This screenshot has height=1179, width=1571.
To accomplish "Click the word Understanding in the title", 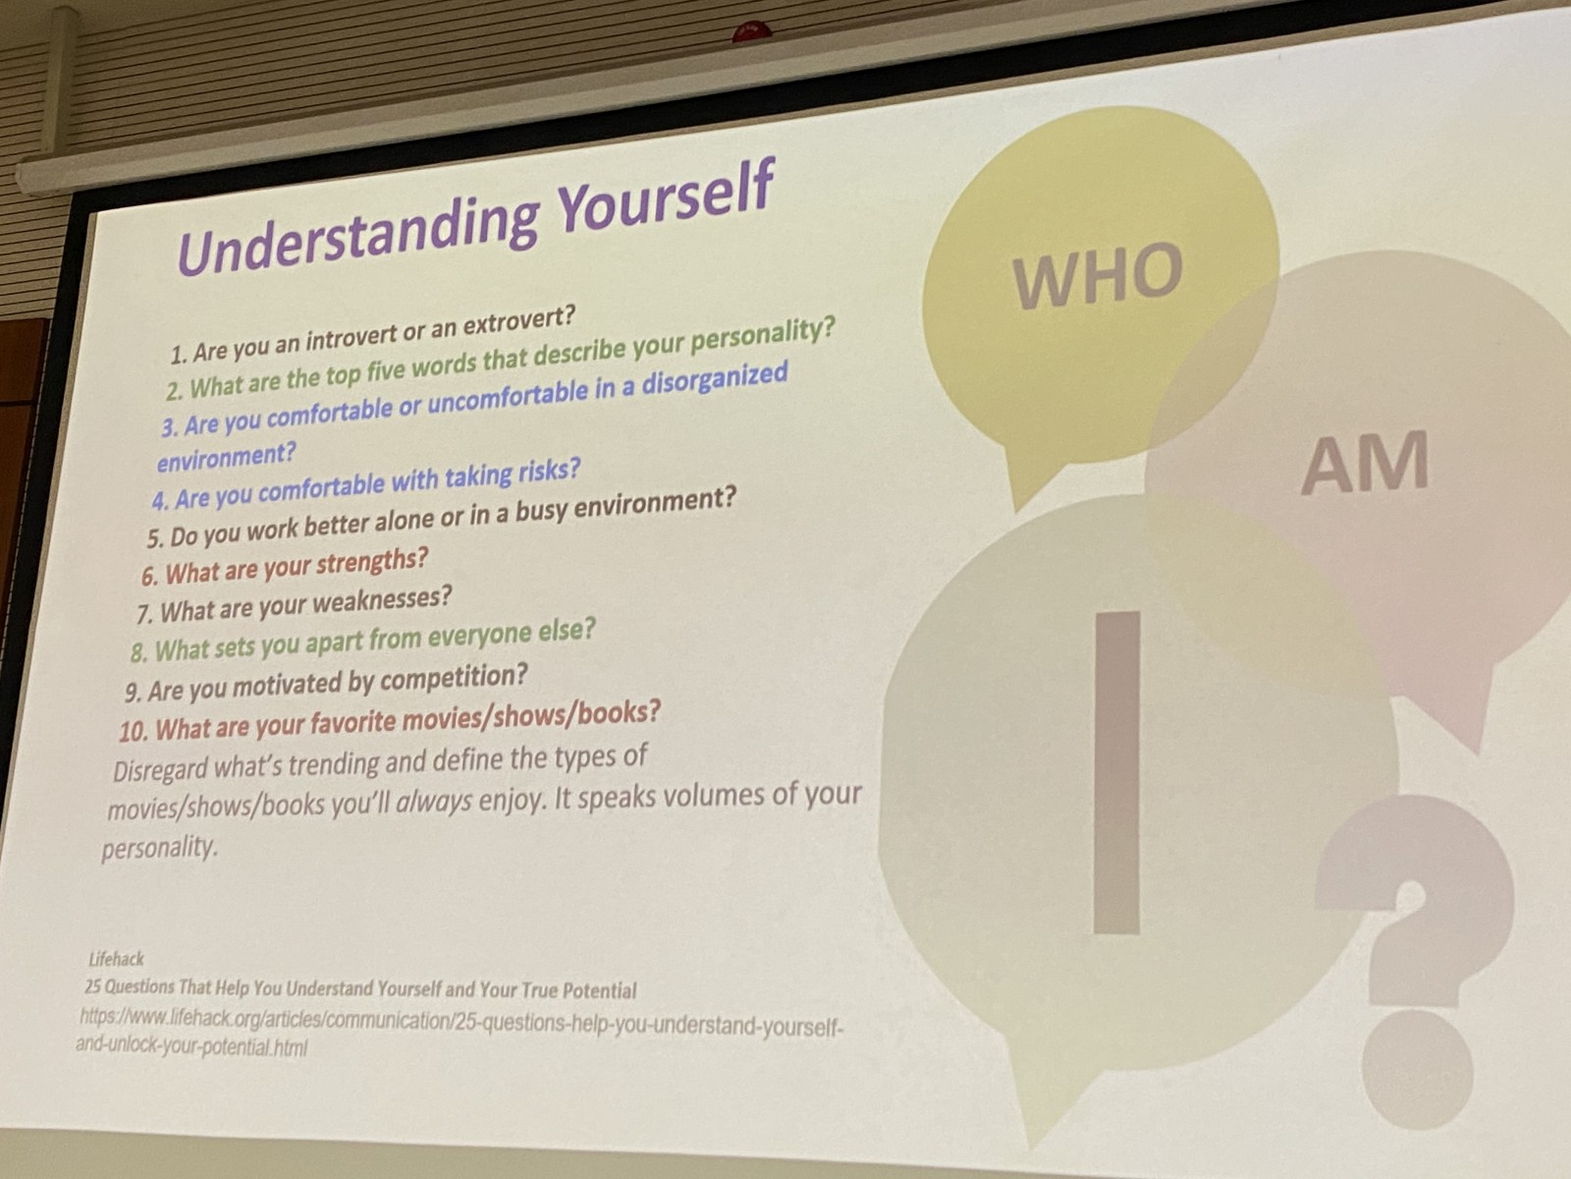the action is [x=357, y=229].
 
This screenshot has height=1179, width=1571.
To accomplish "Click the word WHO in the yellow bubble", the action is [x=1097, y=275].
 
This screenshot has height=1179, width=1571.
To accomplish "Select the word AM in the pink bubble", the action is [x=1365, y=463].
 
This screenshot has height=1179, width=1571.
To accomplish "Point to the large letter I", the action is [x=1116, y=772].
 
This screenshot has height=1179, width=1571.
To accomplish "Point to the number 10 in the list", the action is [x=134, y=731].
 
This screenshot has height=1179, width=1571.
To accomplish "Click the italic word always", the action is [x=434, y=803].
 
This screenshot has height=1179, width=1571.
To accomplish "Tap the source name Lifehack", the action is [x=116, y=959].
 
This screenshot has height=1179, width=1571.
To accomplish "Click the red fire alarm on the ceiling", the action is [x=751, y=31].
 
